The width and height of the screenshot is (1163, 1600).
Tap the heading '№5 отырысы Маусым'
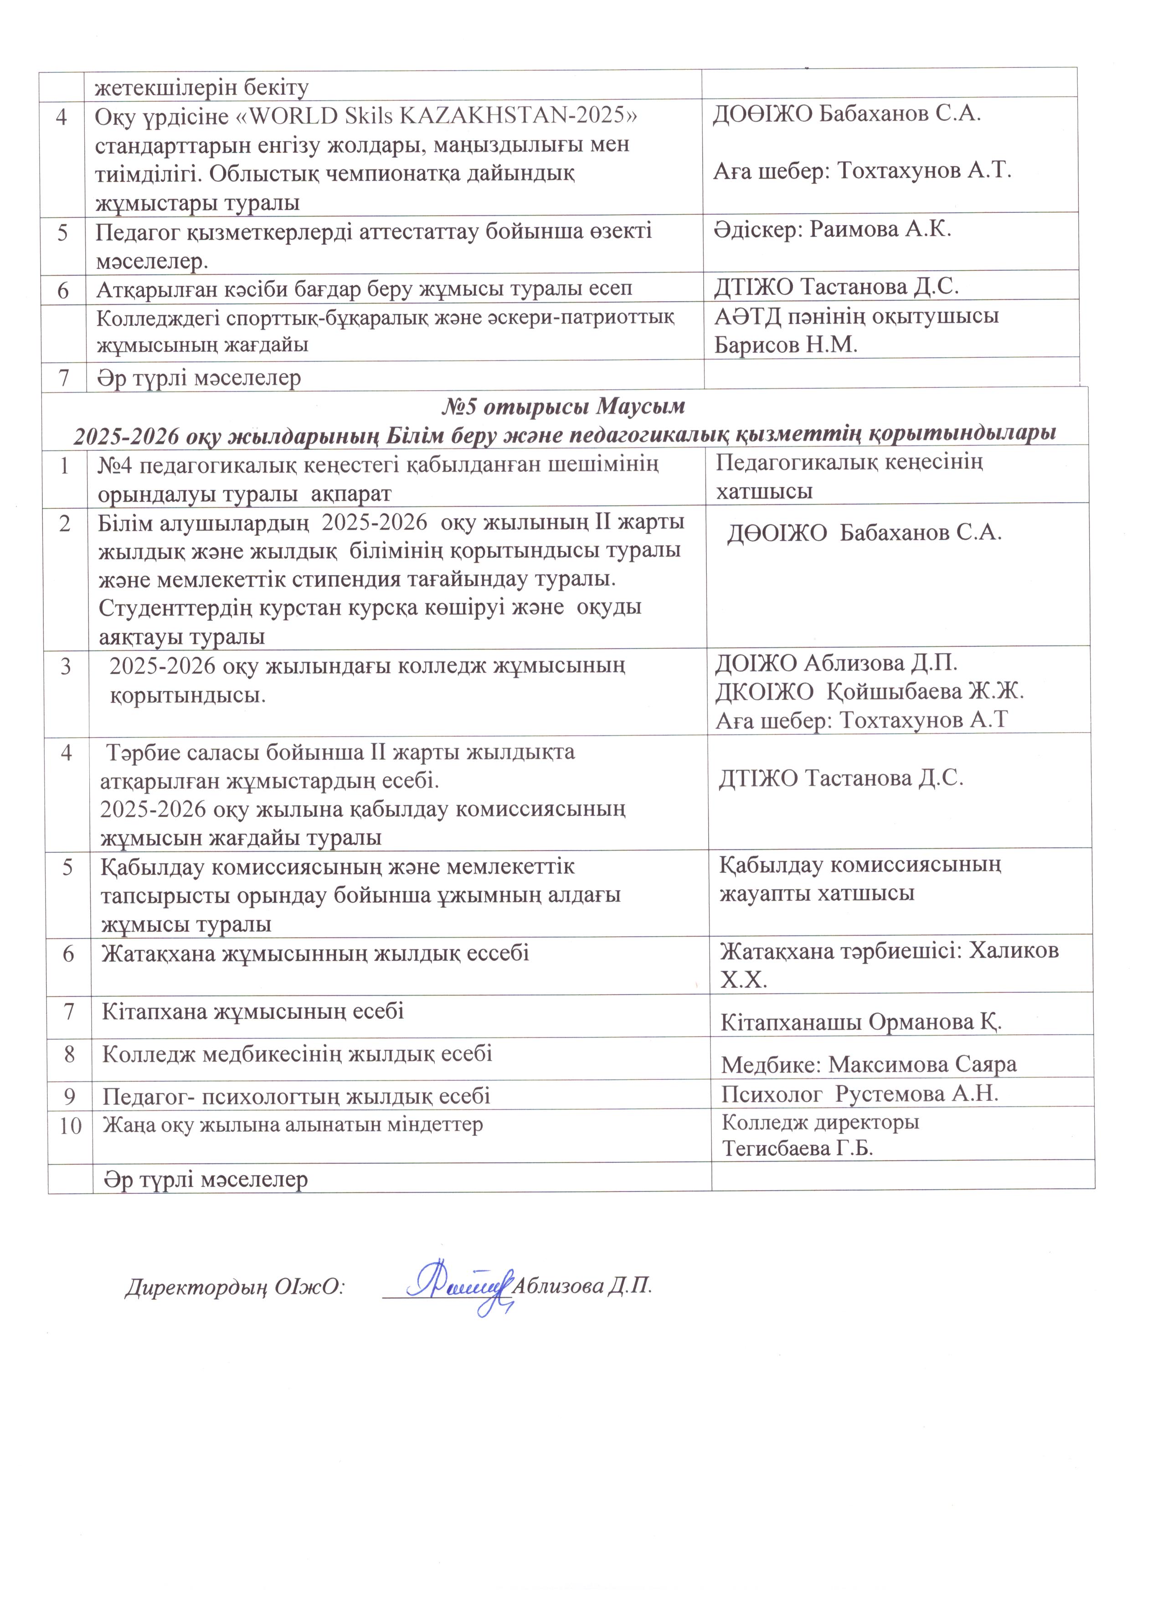(564, 407)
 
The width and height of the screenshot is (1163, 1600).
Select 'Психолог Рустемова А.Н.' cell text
(860, 1094)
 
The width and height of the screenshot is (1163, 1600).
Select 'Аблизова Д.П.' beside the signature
(582, 1285)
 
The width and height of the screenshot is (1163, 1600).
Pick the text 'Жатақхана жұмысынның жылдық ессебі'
(315, 954)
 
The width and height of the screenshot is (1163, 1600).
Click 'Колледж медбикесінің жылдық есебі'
(297, 1054)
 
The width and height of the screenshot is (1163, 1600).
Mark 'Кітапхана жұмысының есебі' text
(253, 1012)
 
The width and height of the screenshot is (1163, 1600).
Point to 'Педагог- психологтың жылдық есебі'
(296, 1096)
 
